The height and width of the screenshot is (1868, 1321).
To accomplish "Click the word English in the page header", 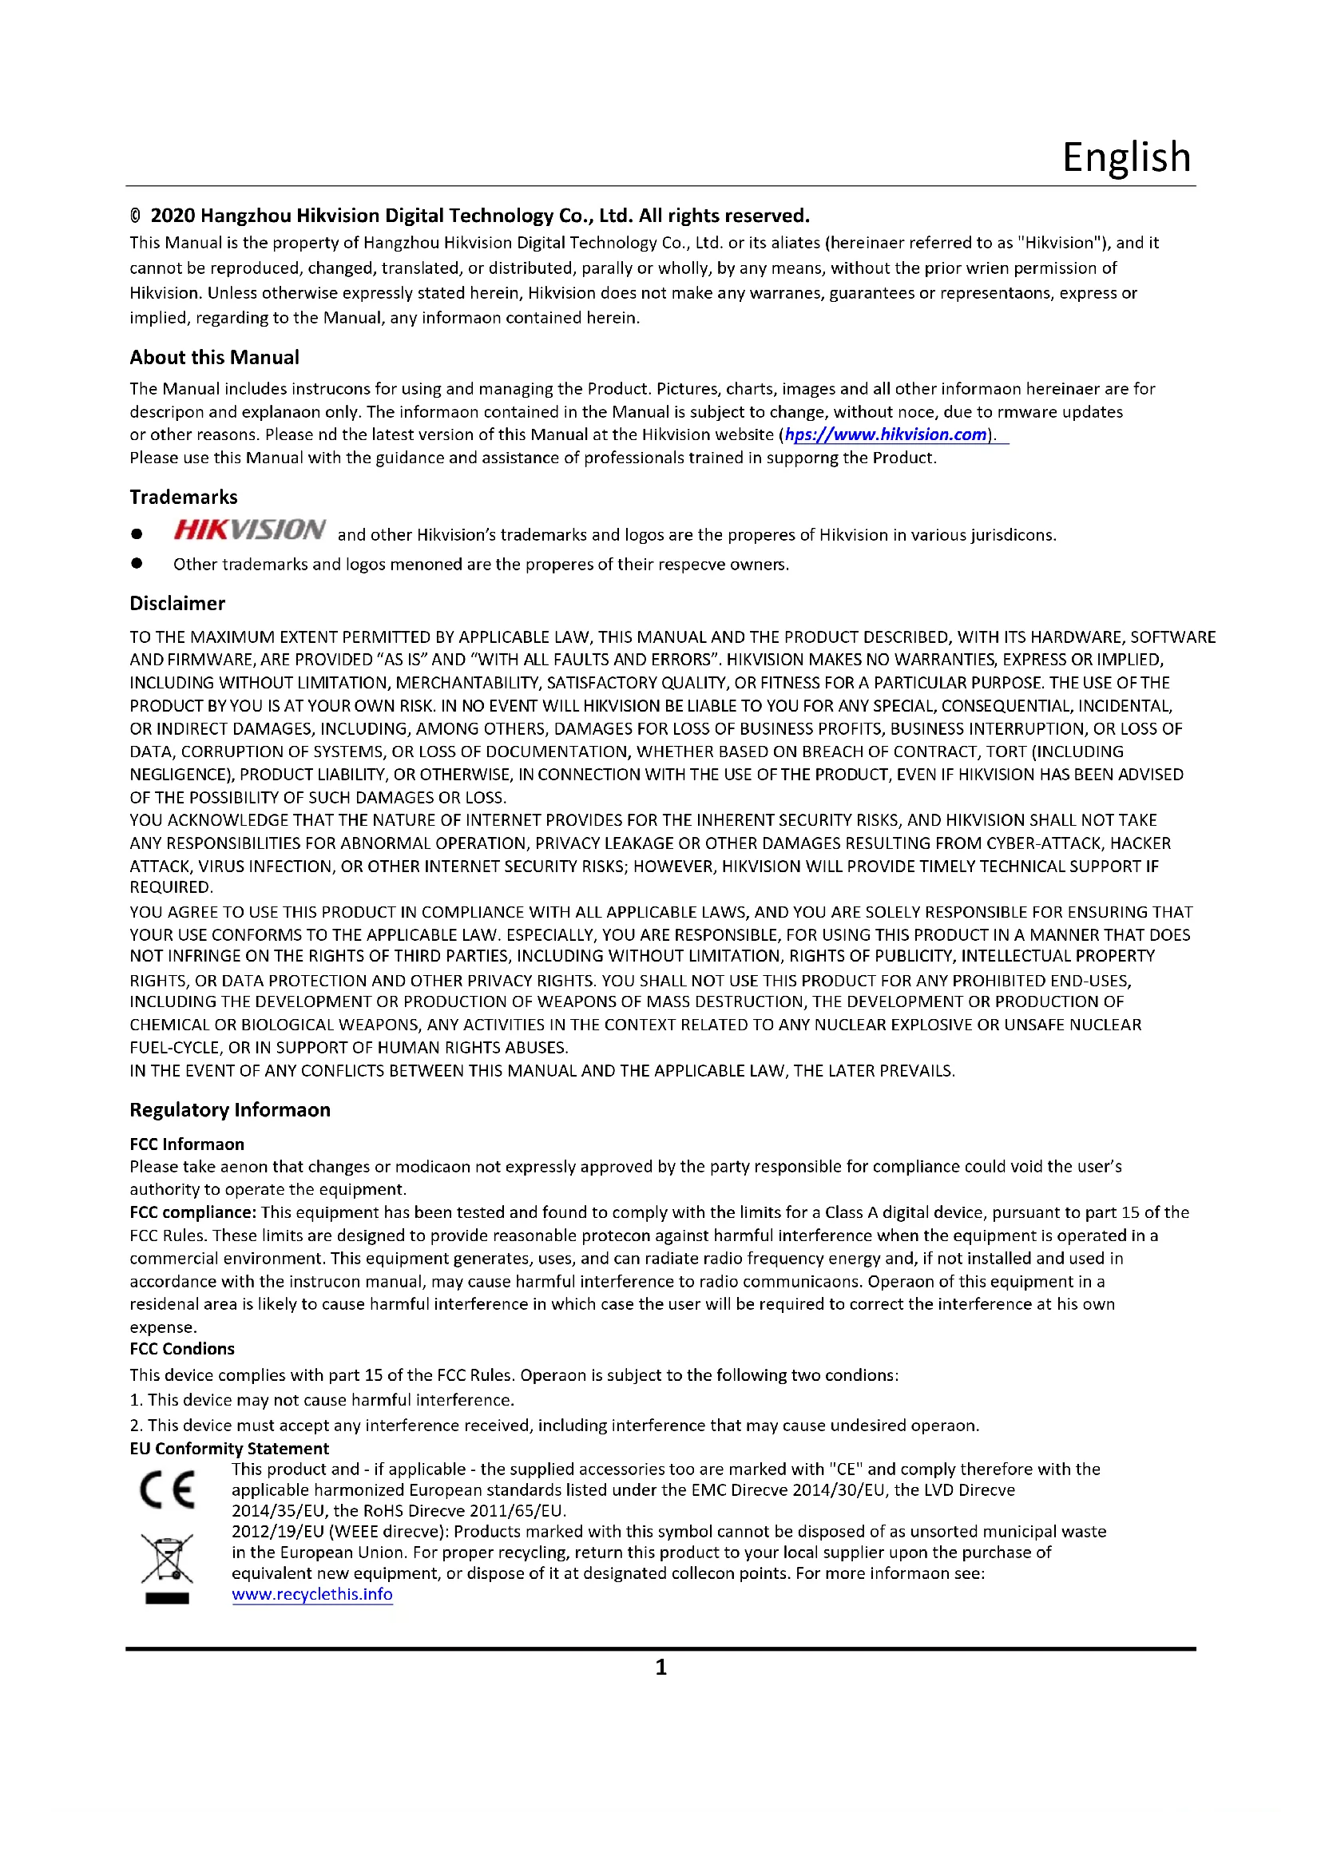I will tap(1126, 157).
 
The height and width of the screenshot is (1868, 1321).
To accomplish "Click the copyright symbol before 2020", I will tap(135, 216).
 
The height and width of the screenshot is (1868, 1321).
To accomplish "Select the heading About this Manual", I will tap(214, 357).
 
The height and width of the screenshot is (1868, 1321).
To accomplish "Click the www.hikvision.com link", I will tap(886, 434).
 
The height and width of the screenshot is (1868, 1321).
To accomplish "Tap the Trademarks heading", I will tap(183, 497).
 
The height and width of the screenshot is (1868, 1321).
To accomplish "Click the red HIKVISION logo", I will tap(249, 529).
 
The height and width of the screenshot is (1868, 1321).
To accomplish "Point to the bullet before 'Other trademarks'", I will tap(137, 563).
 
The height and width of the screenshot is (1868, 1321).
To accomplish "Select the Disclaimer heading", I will tap(177, 603).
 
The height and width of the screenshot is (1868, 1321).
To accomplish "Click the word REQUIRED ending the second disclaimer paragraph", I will tap(170, 886).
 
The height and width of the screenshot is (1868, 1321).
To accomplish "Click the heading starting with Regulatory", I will tap(229, 1110).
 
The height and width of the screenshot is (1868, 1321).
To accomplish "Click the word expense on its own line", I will tap(162, 1327).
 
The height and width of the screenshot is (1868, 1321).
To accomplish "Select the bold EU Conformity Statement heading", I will tap(228, 1448).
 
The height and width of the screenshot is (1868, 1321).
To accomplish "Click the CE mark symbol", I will tap(167, 1489).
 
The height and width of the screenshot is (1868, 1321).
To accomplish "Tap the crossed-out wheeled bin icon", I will tap(167, 1559).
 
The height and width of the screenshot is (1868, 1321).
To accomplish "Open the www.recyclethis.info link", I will tap(311, 1594).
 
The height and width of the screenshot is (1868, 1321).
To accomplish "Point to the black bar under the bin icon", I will tap(167, 1598).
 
